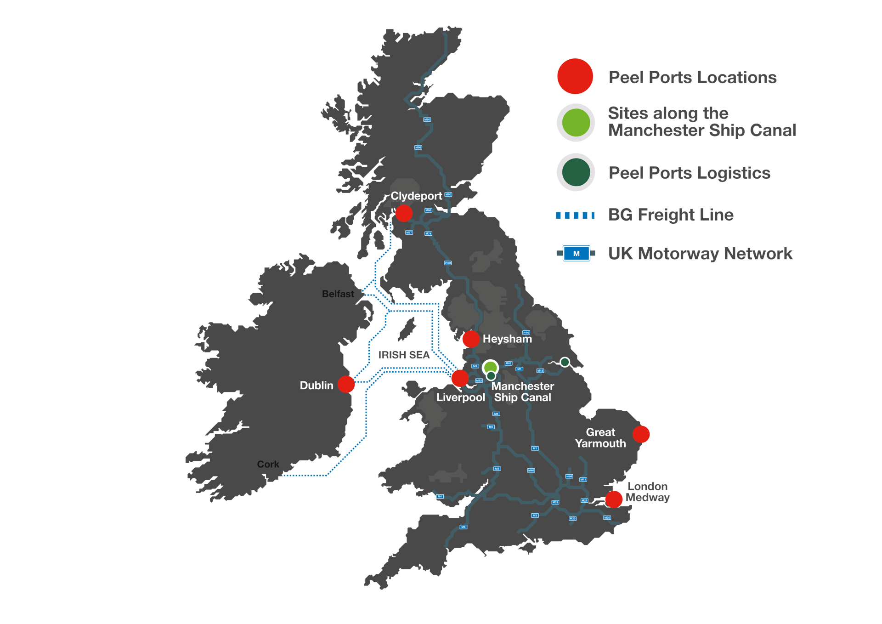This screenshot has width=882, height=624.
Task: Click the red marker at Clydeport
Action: [404, 213]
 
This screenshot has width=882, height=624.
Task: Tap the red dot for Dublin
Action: [346, 384]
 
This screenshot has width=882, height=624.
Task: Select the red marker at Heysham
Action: [470, 339]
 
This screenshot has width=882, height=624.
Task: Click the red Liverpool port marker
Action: [459, 378]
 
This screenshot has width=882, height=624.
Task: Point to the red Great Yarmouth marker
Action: [641, 434]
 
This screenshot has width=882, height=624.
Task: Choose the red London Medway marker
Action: [614, 499]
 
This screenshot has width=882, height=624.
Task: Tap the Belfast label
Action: [338, 294]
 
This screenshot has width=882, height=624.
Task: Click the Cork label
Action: [268, 464]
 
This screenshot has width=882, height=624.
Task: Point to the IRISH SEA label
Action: [404, 355]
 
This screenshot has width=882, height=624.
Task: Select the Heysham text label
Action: [507, 339]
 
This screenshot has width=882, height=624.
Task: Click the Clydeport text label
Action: [416, 196]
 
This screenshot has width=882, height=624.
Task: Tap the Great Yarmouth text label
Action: [600, 438]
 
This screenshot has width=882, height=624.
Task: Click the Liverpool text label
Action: [460, 397]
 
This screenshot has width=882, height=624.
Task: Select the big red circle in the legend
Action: [575, 76]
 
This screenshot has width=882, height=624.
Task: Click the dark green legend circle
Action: [576, 172]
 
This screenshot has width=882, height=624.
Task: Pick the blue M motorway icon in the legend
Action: [576, 254]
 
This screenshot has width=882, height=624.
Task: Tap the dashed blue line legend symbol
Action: [575, 215]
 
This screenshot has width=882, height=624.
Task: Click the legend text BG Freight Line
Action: [671, 215]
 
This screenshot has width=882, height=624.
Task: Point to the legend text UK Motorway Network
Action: [700, 254]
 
